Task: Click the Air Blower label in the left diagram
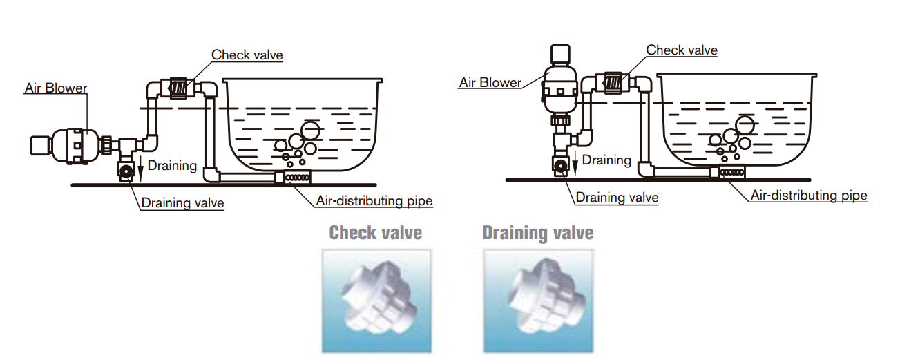56,88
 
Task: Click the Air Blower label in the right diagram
490,82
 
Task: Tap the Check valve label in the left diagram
247,55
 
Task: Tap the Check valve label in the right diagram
682,50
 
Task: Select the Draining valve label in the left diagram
182,202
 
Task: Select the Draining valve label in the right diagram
617,198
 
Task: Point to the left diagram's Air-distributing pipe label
374,200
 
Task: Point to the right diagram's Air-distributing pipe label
810,196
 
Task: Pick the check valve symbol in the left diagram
178,88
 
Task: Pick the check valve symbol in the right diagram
613,82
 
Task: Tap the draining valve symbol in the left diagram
126,171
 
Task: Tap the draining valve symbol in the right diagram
560,166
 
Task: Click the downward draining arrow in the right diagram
575,163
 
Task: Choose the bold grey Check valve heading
376,233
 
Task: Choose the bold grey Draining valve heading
538,233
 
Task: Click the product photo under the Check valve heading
376,301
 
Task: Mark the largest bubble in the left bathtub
311,130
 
